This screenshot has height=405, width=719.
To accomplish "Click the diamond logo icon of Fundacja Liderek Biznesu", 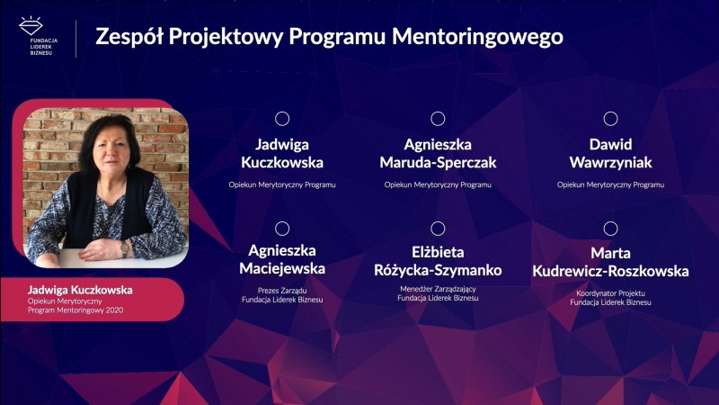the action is (x=31, y=26).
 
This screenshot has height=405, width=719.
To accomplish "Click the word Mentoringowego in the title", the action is (x=477, y=37).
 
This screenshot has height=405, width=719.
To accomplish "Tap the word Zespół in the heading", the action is (x=129, y=37).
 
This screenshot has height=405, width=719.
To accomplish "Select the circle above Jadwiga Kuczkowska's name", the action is (x=282, y=119).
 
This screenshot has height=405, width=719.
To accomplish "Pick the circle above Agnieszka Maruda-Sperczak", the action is (x=438, y=119).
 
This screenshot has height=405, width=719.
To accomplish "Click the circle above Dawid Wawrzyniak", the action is (x=610, y=119).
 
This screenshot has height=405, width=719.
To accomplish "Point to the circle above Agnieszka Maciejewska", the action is (x=282, y=229).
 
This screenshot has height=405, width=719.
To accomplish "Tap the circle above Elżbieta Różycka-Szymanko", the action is (x=438, y=229).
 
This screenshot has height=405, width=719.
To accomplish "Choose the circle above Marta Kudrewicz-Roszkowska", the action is (x=610, y=229).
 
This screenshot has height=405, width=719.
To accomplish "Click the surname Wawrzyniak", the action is (x=610, y=163).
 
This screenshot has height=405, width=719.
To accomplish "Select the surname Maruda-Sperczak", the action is (x=438, y=163).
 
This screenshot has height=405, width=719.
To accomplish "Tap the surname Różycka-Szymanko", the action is (x=438, y=270).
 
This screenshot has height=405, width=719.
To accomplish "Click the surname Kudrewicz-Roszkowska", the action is (x=610, y=271).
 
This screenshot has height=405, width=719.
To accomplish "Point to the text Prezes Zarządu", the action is (x=282, y=291).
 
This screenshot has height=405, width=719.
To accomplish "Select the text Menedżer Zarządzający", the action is (x=438, y=289).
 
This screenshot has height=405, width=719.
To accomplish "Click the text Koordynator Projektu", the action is (x=610, y=293).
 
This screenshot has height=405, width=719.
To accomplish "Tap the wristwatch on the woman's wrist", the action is (x=124, y=248).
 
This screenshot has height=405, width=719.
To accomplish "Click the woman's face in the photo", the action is (x=111, y=149).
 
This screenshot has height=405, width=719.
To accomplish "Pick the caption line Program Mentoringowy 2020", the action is (x=75, y=310).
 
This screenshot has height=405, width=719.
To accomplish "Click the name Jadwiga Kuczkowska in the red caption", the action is (x=80, y=290).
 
